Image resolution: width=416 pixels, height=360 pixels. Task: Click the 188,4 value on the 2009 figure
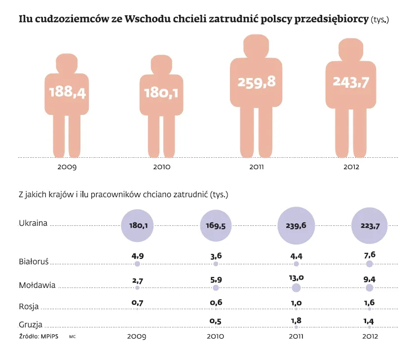coord(67,92)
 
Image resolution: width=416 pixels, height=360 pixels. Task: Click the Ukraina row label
coord(33,223)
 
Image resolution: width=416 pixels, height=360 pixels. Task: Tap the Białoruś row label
coord(33,262)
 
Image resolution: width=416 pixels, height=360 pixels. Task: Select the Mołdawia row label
coord(37,285)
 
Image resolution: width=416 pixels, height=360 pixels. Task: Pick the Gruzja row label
coord(31,324)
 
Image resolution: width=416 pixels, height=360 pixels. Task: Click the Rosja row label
coord(29,306)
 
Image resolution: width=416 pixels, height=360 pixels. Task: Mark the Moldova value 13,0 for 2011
coord(296,278)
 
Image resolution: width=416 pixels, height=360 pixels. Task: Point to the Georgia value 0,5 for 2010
coord(216,321)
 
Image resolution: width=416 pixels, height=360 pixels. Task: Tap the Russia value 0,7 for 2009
coord(138,300)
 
